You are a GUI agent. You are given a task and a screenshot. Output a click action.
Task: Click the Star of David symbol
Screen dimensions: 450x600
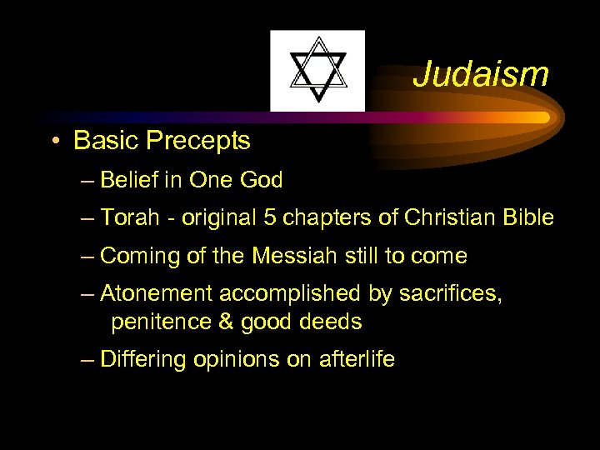tap(317, 70)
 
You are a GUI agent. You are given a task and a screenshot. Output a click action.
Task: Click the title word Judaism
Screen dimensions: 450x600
tap(481, 74)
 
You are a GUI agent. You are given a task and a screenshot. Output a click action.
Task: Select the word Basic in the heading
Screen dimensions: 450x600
tap(105, 141)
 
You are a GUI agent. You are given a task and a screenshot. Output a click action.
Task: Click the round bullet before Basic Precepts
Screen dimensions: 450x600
tap(53, 142)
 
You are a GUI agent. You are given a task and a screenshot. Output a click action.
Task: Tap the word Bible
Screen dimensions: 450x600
tap(528, 218)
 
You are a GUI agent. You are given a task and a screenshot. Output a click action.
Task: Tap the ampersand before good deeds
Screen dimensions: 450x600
tap(214, 321)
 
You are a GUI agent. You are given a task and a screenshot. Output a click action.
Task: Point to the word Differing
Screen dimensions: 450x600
tap(142, 359)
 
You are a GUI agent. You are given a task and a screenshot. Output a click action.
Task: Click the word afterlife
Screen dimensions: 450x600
tap(357, 359)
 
